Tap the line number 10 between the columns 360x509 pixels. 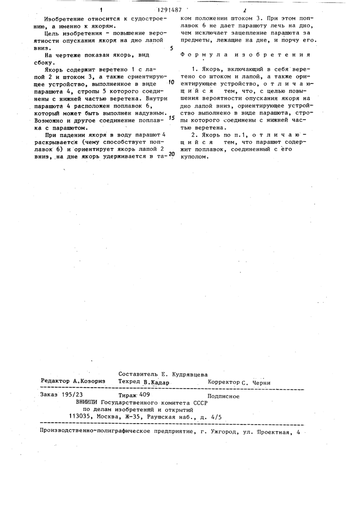[171, 83]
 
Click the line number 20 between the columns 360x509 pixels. [171, 154]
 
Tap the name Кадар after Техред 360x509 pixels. [158, 383]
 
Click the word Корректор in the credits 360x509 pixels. [223, 382]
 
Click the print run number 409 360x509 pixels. [144, 395]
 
